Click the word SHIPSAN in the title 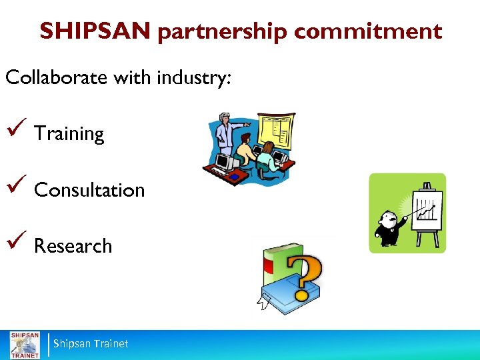[x=95, y=31]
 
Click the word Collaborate [x=57, y=77]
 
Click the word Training [x=69, y=134]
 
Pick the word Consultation [x=89, y=190]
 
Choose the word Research [x=73, y=246]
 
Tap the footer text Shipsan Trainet [x=91, y=344]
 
